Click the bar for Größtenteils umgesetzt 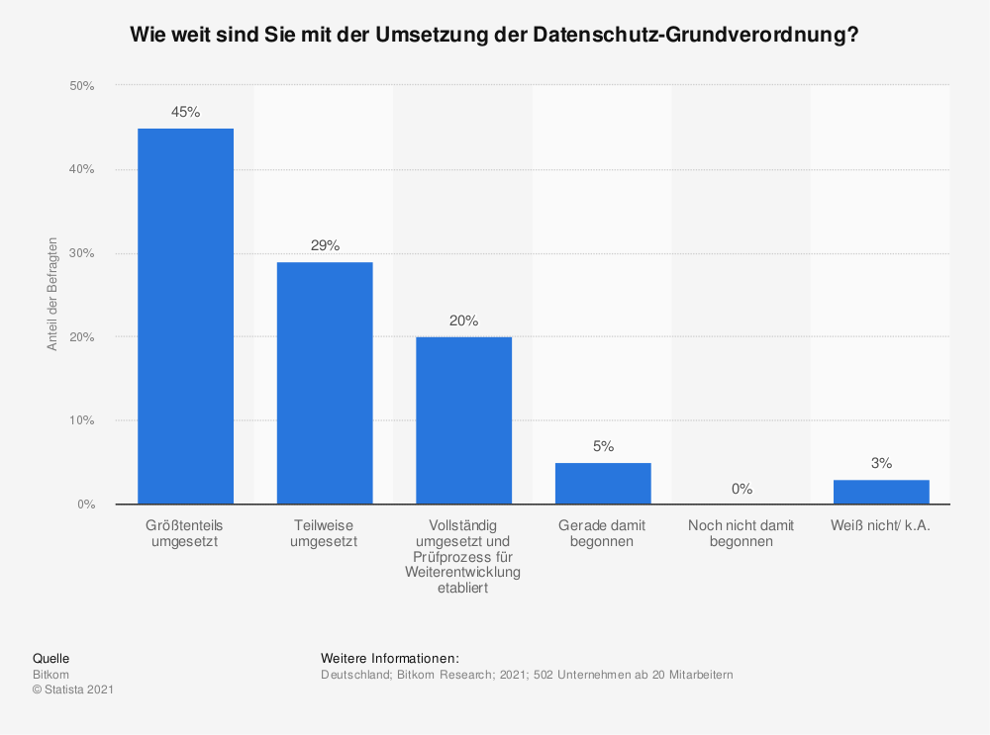click(x=185, y=317)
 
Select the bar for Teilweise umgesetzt click(x=325, y=383)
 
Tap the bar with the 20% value click(x=463, y=420)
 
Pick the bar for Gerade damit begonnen click(x=603, y=484)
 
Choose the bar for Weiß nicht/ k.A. click(x=881, y=492)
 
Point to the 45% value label click(x=185, y=113)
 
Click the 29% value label click(x=325, y=245)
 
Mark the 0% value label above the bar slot click(x=742, y=489)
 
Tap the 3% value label click(x=881, y=463)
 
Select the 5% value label click(x=603, y=446)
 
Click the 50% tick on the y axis click(x=81, y=86)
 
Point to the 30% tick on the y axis click(x=81, y=253)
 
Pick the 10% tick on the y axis click(x=81, y=420)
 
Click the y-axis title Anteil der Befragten click(x=52, y=295)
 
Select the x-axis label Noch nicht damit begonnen click(x=742, y=533)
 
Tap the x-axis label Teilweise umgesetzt click(x=325, y=533)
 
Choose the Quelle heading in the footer click(x=50, y=658)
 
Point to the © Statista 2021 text click(x=73, y=689)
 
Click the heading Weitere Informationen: click(x=390, y=658)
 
